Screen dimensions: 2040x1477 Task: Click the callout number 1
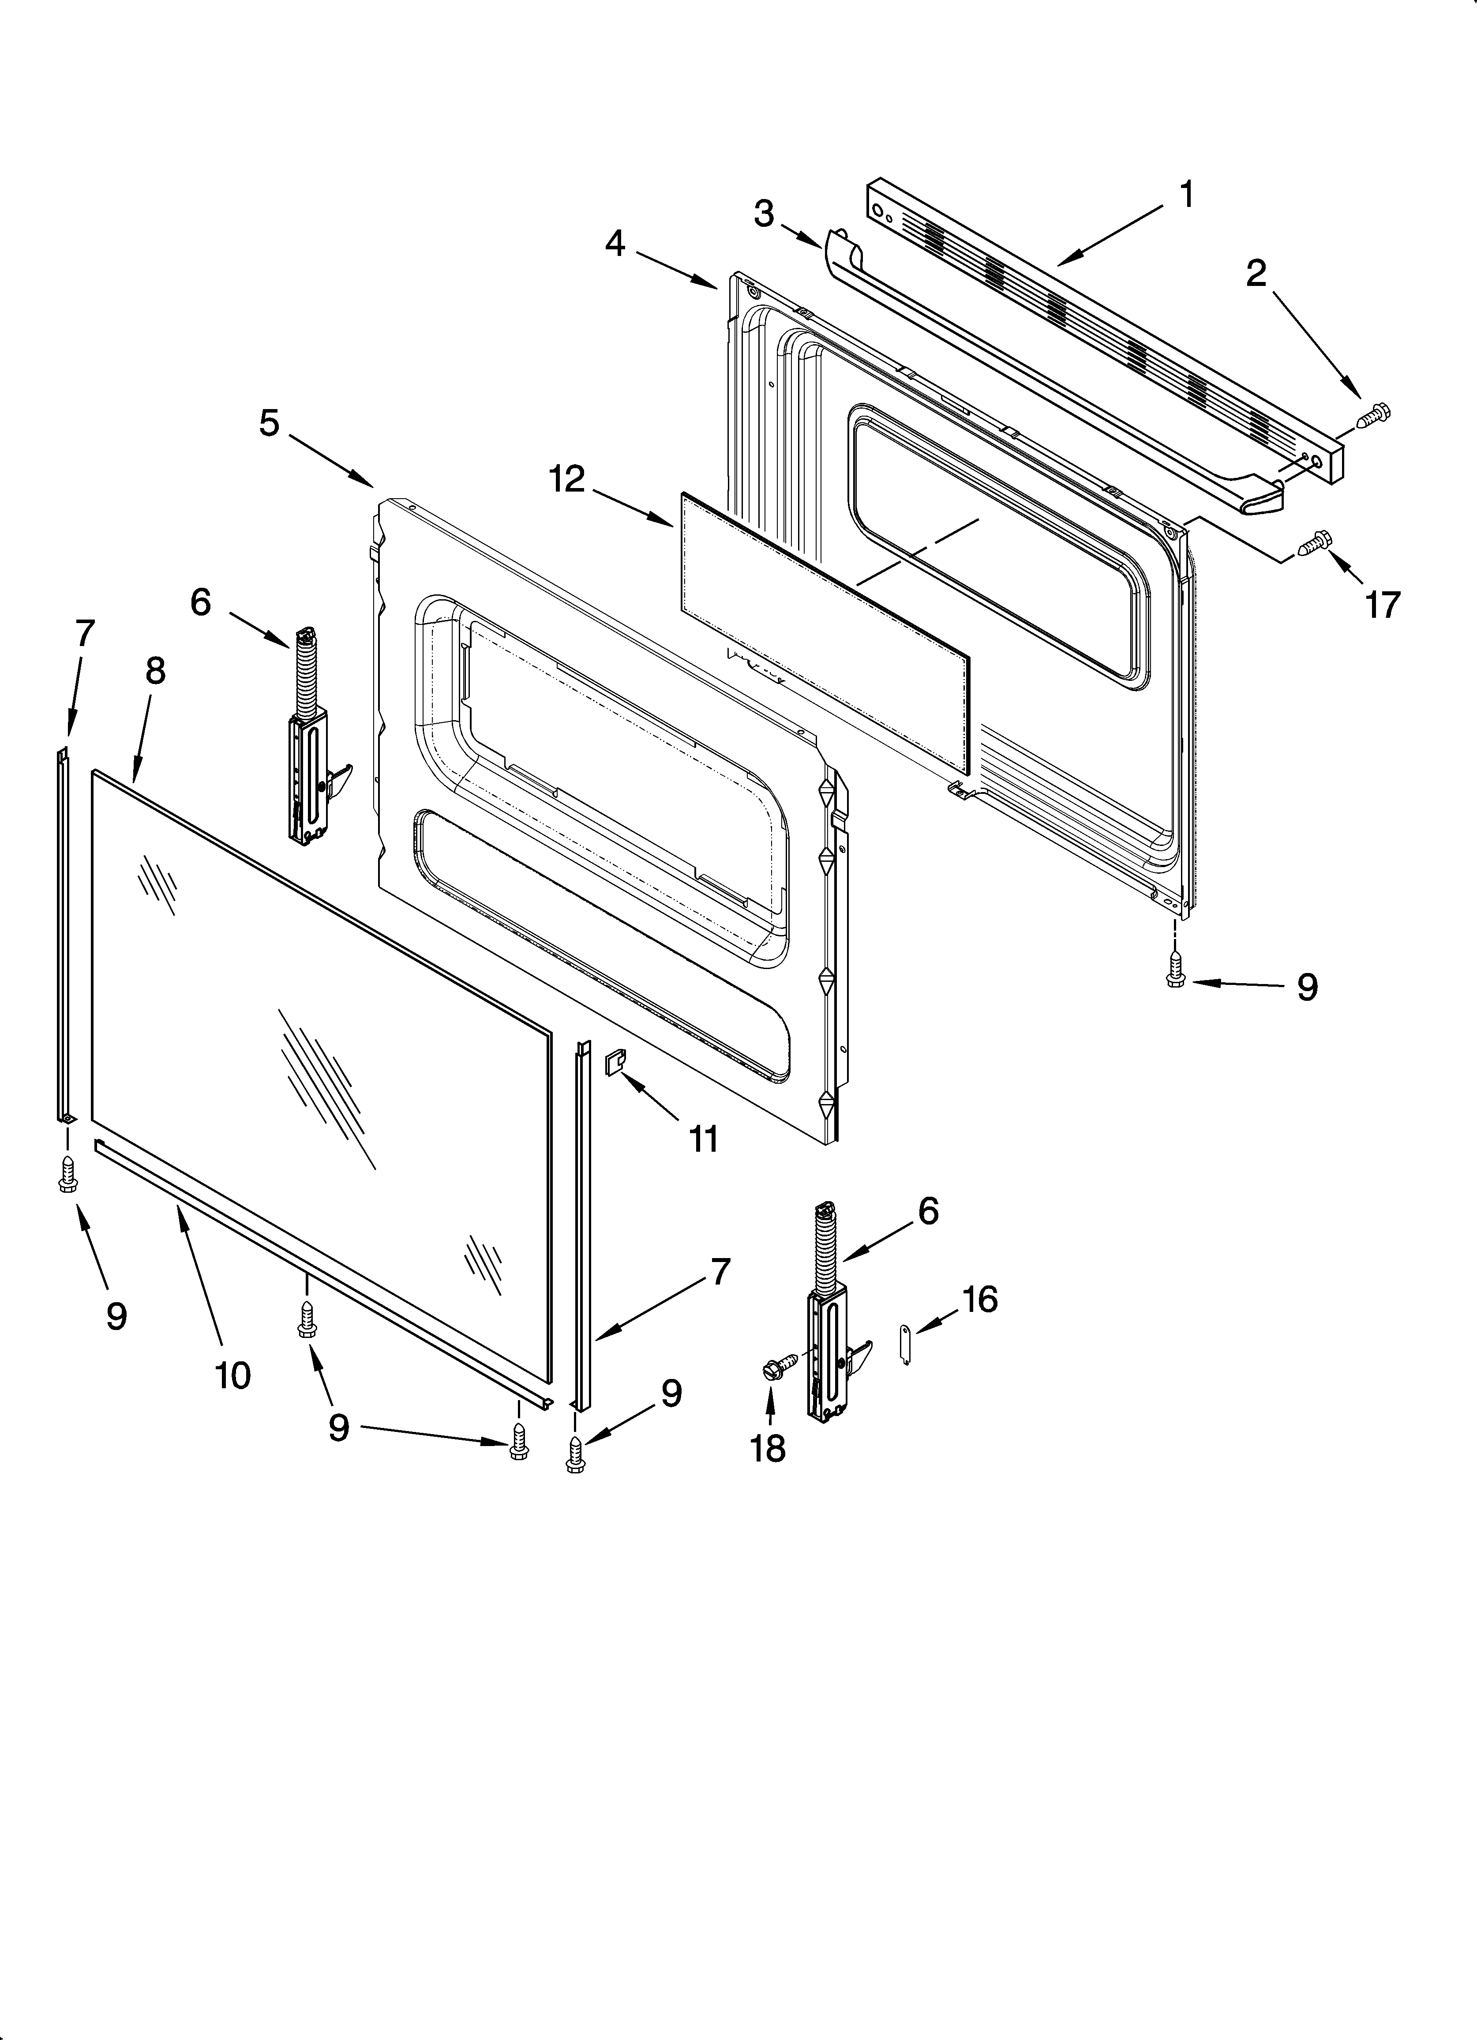[1186, 194]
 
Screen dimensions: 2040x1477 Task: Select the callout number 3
[764, 214]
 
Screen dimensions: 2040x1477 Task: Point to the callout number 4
[615, 243]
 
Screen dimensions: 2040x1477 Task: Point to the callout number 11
[703, 1139]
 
